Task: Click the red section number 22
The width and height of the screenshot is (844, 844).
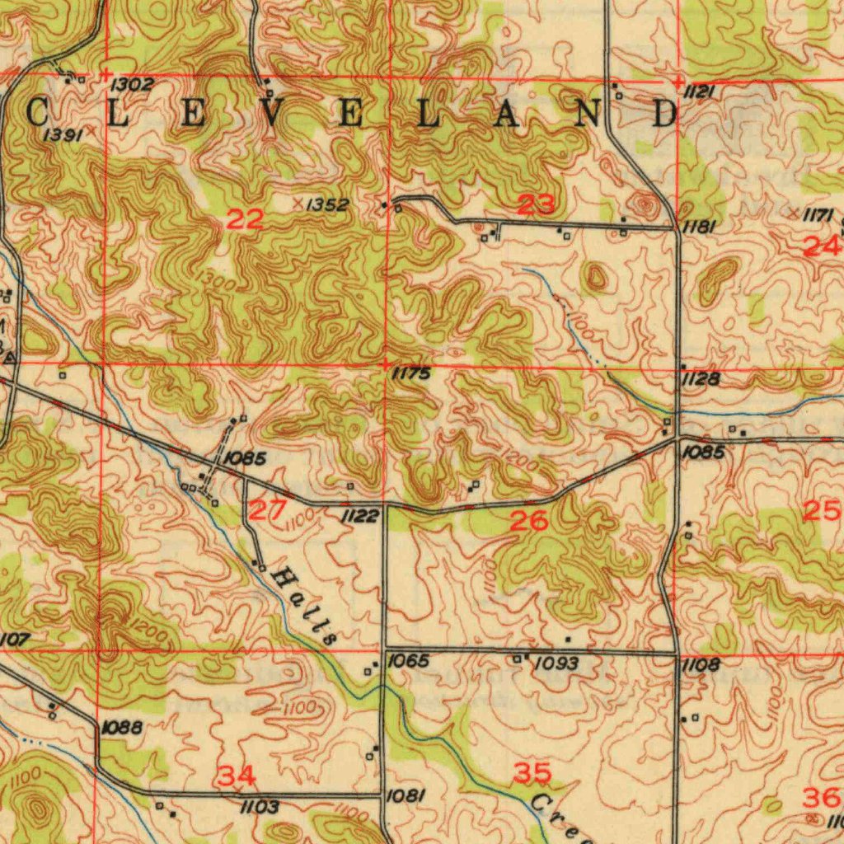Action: [246, 219]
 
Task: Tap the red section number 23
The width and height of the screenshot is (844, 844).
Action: [536, 204]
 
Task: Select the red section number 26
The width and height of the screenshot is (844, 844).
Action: [529, 520]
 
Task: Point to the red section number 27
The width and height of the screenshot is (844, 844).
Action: [268, 510]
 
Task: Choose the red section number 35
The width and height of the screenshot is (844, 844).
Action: [532, 773]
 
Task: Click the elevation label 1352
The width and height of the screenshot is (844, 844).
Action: [327, 204]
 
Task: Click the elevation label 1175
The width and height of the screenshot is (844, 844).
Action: [410, 374]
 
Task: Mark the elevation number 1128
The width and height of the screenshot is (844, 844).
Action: [701, 379]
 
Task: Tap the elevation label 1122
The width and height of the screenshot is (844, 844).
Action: [360, 517]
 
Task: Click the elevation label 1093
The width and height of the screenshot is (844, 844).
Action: [557, 663]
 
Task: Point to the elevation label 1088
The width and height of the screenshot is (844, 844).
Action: [123, 727]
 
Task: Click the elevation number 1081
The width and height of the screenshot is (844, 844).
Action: [406, 795]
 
